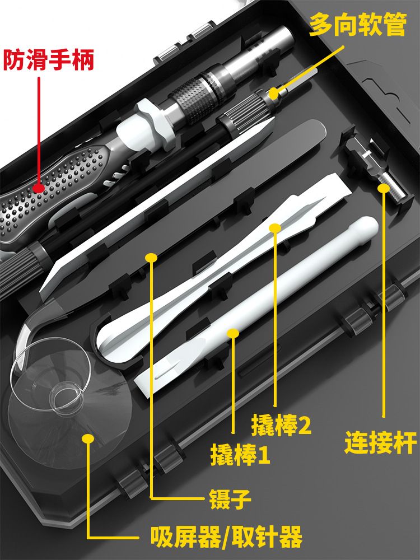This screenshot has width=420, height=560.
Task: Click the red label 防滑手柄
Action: (49, 60)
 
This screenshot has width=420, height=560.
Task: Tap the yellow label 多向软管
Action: (357, 25)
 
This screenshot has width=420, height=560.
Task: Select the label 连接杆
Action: (381, 443)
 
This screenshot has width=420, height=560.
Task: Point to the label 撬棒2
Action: (282, 425)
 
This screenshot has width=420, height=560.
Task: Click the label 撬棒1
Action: (240, 455)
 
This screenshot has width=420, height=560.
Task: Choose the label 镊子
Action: (230, 499)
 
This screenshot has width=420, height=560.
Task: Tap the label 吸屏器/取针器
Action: (226, 537)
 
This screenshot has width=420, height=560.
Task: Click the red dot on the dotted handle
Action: (39, 188)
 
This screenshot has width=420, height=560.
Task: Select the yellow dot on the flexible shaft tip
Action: (273, 94)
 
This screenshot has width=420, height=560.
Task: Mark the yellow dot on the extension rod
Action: (384, 188)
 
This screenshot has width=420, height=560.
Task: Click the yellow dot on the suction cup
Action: (88, 438)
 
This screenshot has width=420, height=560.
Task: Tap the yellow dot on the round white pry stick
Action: (233, 334)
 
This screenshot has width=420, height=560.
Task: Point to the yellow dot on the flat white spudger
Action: (275, 228)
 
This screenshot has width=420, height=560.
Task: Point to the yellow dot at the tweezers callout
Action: (151, 258)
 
